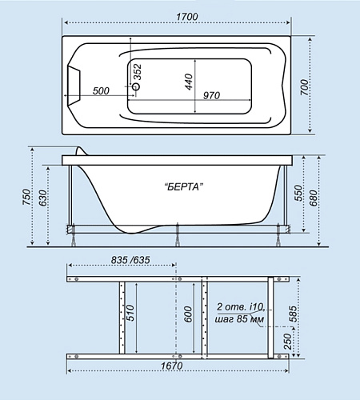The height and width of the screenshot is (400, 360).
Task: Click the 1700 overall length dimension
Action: [187, 17]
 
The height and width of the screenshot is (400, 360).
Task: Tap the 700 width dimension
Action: [304, 87]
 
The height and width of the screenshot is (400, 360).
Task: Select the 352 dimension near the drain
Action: [138, 72]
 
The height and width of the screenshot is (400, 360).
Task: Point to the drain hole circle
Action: [136, 86]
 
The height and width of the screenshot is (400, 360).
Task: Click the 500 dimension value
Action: [101, 91]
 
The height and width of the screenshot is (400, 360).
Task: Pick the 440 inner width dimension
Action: [189, 82]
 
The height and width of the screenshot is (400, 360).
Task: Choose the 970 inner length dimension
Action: [211, 95]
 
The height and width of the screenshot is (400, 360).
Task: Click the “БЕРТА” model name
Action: [183, 186]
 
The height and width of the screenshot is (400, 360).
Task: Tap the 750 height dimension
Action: [26, 197]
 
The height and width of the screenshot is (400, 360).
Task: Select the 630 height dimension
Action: [42, 198]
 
